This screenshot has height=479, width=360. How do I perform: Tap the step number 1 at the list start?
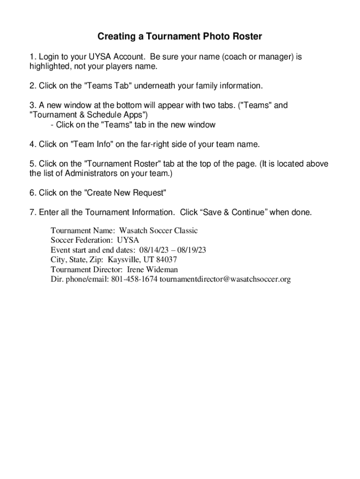click(31, 57)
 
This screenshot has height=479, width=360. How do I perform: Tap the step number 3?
click(31, 106)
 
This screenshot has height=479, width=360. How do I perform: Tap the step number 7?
click(31, 213)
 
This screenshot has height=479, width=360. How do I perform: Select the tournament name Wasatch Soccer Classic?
click(158, 231)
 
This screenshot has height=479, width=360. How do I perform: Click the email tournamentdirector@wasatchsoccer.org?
click(225, 280)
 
